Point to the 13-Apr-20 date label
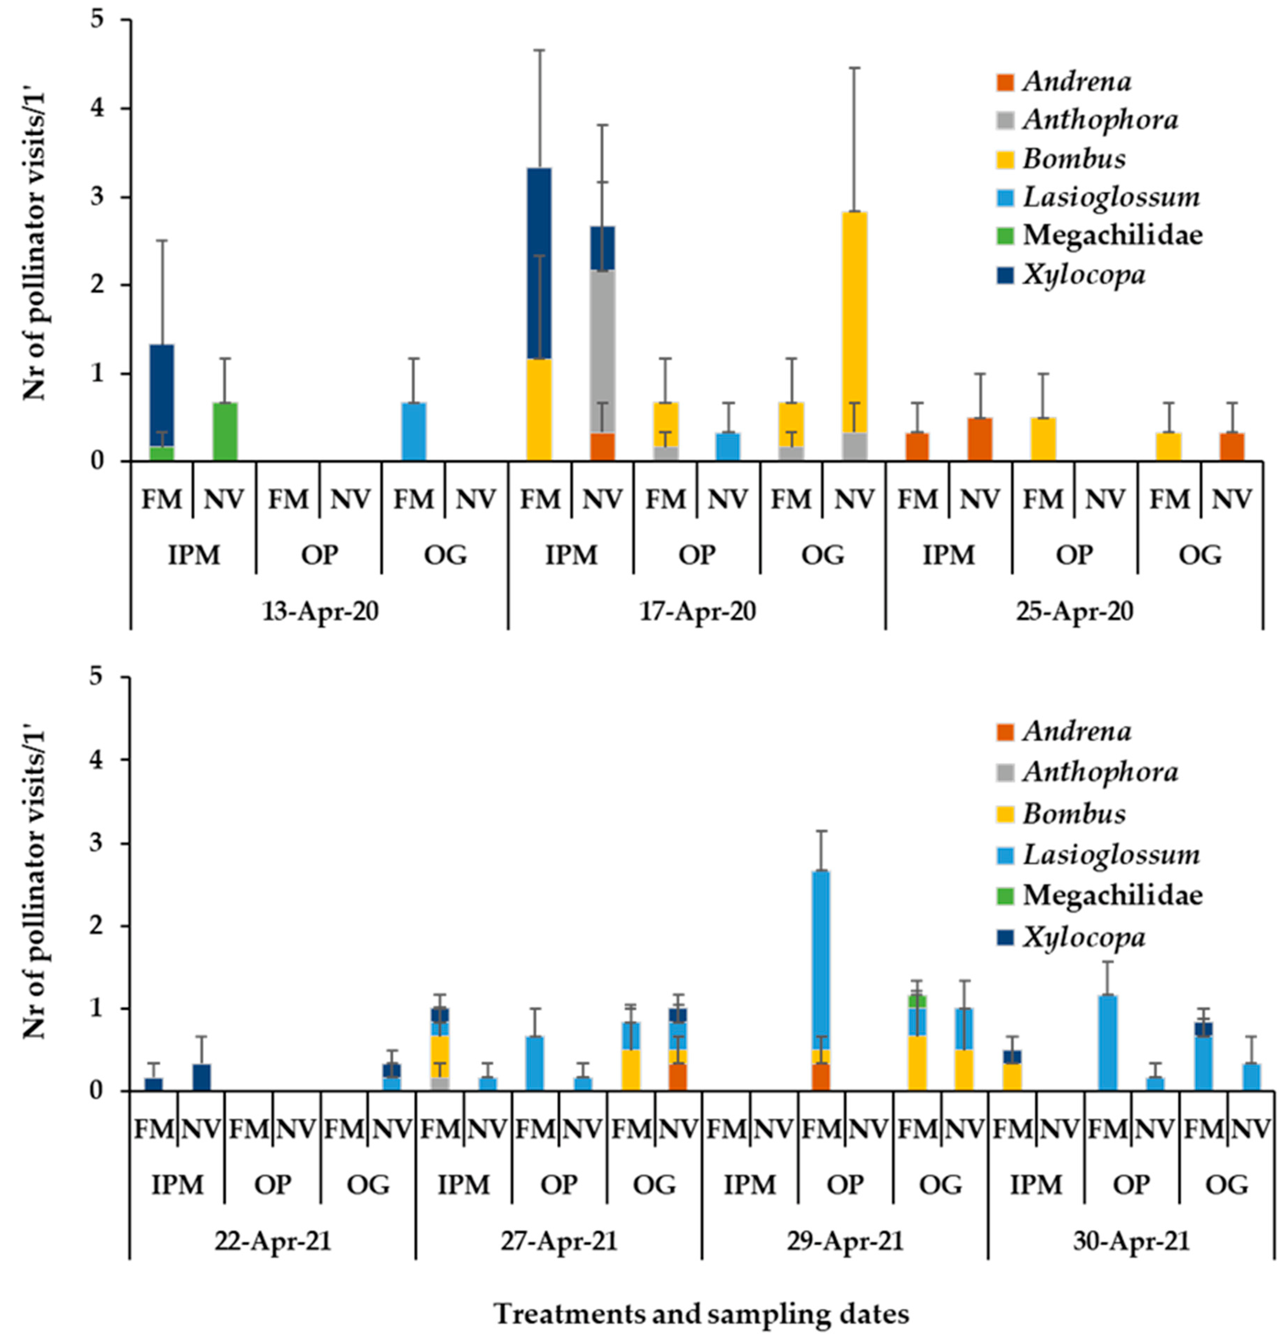[x=321, y=611]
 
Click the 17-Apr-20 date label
[x=697, y=611]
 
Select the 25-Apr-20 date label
[x=1075, y=611]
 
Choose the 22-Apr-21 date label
[x=273, y=1241]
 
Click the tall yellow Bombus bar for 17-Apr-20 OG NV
[x=854, y=322]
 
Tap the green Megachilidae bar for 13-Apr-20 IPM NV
[x=225, y=432]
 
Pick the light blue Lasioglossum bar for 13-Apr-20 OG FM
[x=414, y=432]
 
